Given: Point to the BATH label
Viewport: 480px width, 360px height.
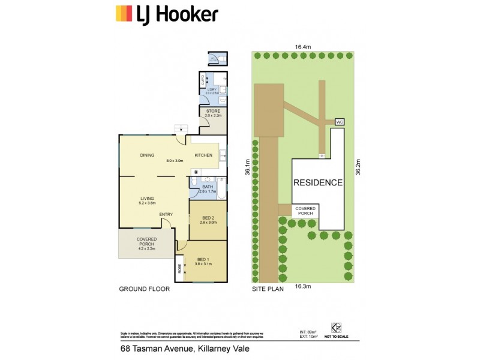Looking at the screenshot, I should pos(208,187).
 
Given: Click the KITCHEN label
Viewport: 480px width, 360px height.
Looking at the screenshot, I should pos(203,156).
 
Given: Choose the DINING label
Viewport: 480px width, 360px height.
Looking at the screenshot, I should pos(148,156).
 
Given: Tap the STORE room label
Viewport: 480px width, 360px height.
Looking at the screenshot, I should pos(214,111).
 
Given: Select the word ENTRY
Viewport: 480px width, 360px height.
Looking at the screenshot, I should pos(166,214).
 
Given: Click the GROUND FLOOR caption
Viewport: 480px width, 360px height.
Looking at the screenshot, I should pos(144,289).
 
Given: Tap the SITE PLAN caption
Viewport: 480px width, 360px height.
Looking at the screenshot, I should pos(267,289).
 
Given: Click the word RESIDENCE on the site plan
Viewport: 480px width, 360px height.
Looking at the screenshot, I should pos(318,182).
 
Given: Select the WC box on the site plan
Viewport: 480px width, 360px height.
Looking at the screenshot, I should pos(338,122).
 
